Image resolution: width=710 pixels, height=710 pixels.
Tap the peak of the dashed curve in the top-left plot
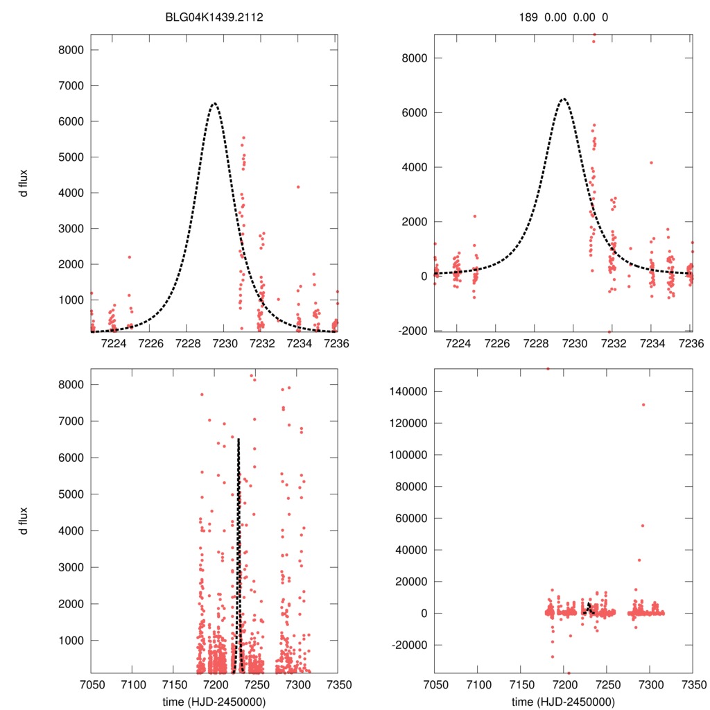214,103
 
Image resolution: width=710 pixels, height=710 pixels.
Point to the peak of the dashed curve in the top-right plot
564,98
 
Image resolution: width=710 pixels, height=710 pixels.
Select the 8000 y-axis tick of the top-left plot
72,50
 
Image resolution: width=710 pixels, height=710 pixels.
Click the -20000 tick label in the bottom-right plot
409,645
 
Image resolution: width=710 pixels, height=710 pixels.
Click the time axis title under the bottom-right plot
564,701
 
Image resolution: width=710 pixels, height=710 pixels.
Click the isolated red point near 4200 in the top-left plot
298,187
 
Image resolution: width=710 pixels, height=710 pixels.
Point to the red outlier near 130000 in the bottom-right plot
643,405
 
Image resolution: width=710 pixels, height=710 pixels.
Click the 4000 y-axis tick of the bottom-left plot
72,531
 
